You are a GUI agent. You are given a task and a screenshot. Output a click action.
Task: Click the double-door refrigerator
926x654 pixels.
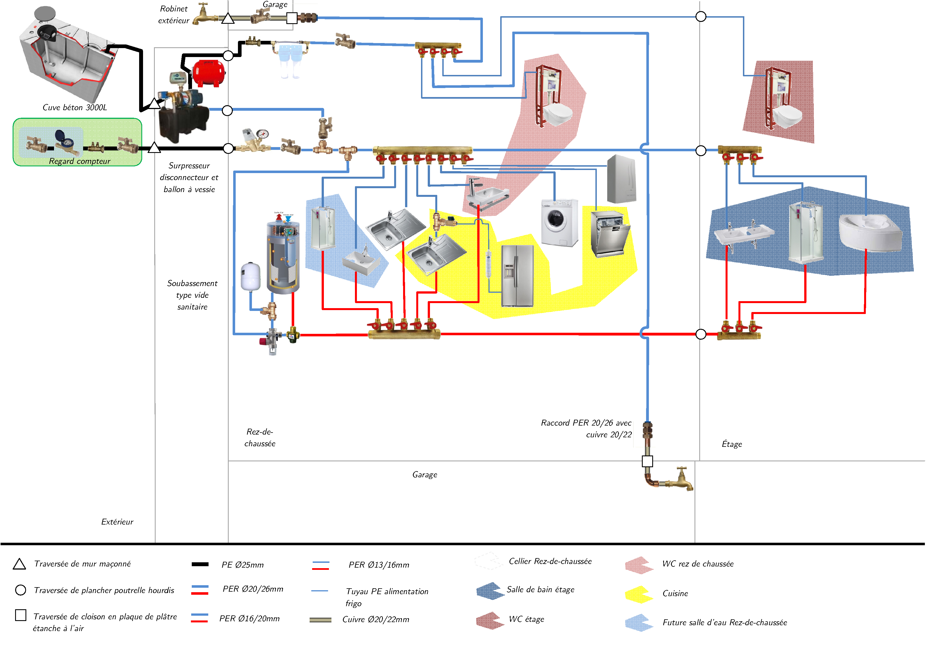coord(517,276)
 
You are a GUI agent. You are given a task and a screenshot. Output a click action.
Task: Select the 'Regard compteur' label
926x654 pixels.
coord(79,161)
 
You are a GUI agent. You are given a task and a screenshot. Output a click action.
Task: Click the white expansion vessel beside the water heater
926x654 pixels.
coord(251,277)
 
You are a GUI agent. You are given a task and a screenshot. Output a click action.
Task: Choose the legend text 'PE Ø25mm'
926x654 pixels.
coord(242,565)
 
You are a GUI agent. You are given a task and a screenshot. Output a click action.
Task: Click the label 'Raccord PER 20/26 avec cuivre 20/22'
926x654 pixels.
coord(587,429)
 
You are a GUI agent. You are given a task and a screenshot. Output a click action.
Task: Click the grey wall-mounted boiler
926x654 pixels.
coord(621,179)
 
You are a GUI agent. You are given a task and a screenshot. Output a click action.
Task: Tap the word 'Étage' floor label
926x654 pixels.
coord(732,444)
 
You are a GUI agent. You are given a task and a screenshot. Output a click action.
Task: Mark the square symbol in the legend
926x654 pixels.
coord(20,615)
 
